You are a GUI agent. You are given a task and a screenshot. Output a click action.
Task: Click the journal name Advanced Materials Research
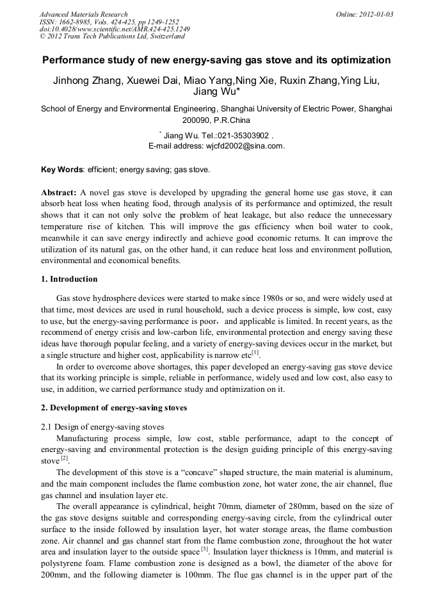pyautogui.click(x=83, y=14)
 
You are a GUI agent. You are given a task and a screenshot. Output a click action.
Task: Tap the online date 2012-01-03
pyautogui.click(x=374, y=14)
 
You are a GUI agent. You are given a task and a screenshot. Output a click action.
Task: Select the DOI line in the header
pyautogui.click(x=115, y=29)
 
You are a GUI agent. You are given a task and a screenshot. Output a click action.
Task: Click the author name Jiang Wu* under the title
pyautogui.click(x=216, y=92)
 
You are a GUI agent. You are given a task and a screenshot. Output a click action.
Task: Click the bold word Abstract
pyautogui.click(x=59, y=193)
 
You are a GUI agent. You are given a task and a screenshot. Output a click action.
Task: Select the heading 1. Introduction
pyautogui.click(x=69, y=279)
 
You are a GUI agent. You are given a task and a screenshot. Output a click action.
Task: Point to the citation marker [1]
pyautogui.click(x=255, y=351)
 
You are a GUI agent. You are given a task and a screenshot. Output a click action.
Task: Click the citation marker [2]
pyautogui.click(x=65, y=458)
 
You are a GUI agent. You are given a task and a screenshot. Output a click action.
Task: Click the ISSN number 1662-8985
pyautogui.click(x=76, y=22)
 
